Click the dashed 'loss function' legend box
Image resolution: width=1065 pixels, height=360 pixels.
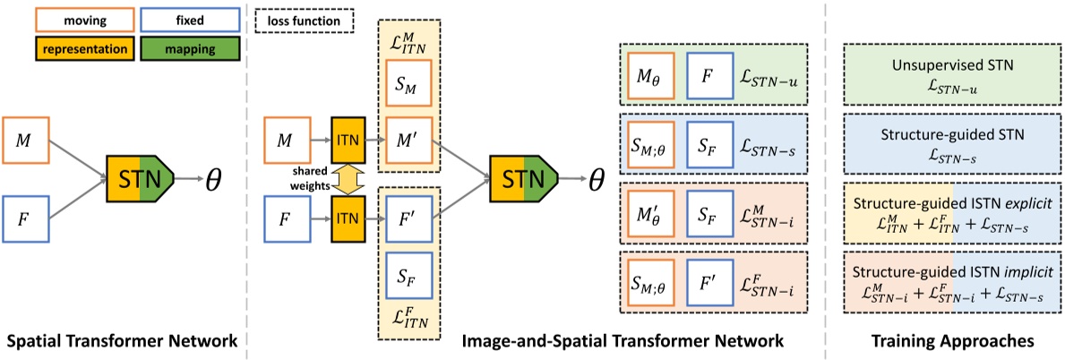[304, 18]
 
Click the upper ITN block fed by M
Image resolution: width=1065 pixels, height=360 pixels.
[348, 140]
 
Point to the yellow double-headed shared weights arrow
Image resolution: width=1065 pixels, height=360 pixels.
[348, 177]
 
